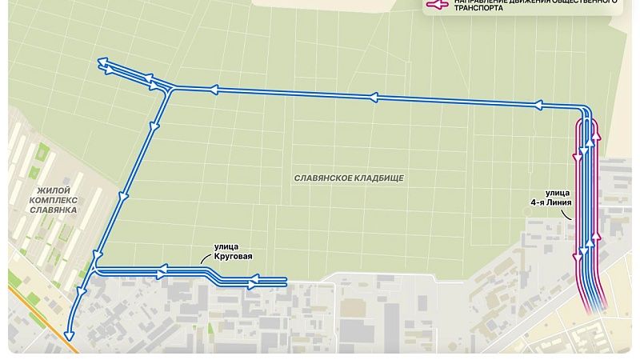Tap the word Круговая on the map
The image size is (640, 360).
click(234, 257)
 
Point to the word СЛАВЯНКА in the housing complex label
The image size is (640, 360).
click(53, 209)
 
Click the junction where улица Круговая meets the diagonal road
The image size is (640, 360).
click(95, 268)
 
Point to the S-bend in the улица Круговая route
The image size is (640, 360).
click(214, 274)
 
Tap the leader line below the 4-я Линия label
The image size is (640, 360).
click(570, 221)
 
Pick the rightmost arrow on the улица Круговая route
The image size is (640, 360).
click(254, 282)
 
